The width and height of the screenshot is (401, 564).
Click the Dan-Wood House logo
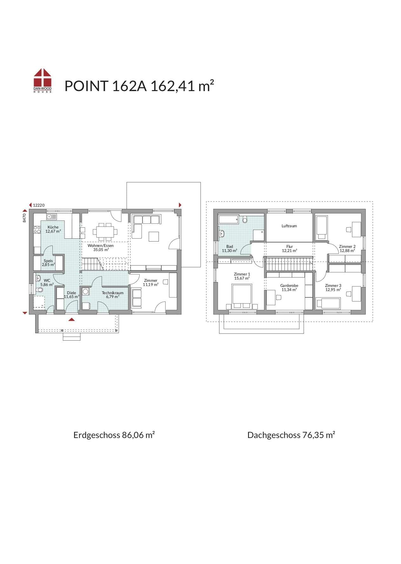click(x=43, y=81)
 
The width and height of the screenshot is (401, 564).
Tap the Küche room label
click(x=53, y=227)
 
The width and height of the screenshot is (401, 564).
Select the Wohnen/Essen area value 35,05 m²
click(x=101, y=250)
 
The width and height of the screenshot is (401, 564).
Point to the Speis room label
click(x=49, y=261)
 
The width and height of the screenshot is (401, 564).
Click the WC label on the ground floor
click(x=47, y=281)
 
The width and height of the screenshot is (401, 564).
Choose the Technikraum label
click(x=113, y=293)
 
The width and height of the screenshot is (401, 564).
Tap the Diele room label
click(x=71, y=293)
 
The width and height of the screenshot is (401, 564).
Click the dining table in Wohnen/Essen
click(x=104, y=232)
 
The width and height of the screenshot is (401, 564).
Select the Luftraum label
click(x=289, y=226)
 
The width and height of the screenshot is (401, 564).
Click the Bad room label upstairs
click(x=230, y=247)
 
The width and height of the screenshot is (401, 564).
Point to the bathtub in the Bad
click(x=229, y=219)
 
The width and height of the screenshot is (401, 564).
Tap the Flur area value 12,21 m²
click(x=290, y=251)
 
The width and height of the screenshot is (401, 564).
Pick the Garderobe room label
click(x=289, y=286)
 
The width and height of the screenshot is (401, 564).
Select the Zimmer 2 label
click(x=347, y=247)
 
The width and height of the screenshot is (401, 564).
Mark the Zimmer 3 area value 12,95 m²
click(x=333, y=289)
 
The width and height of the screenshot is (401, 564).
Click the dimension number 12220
click(x=39, y=205)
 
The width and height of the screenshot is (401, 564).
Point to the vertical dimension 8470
click(x=24, y=218)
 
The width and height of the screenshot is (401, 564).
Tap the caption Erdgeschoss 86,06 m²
click(x=114, y=435)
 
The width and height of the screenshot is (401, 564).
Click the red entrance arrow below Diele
click(x=72, y=319)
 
